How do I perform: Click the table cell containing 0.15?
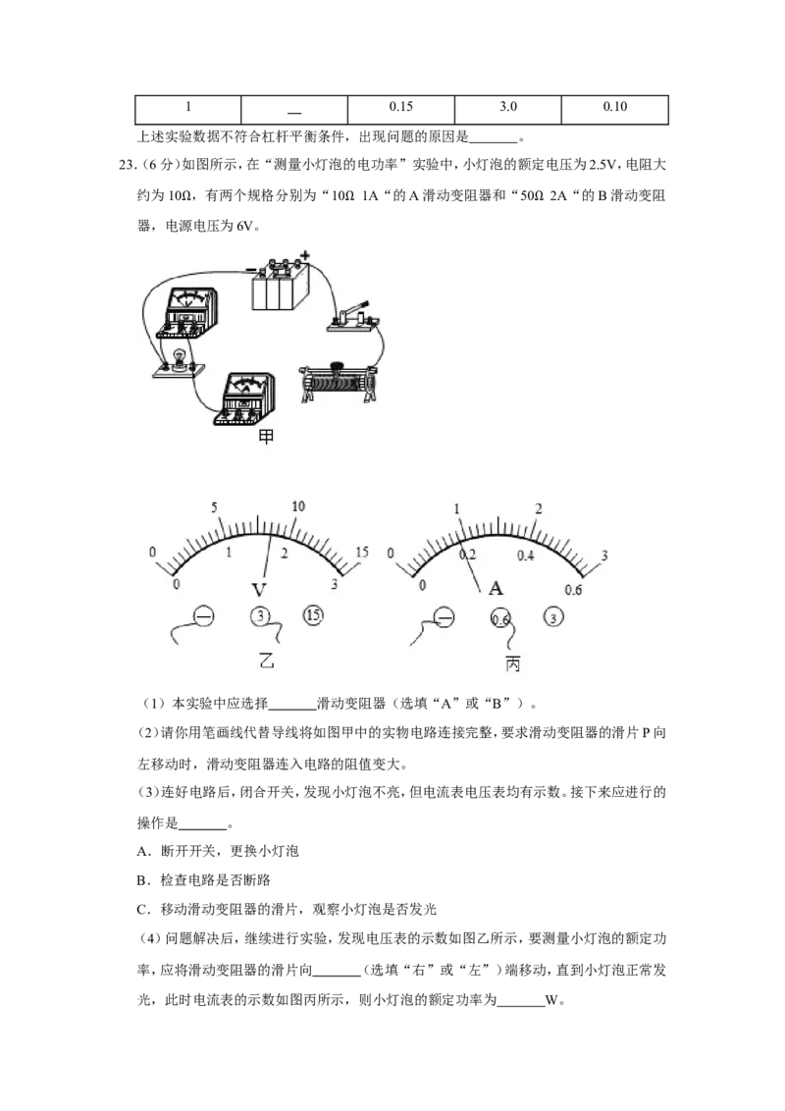pos(401,110)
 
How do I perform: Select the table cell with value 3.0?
pos(508,110)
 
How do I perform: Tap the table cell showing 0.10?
pos(615,110)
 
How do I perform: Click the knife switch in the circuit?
pos(352,317)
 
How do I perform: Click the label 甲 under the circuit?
pos(266,437)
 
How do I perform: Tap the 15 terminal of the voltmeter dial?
pos(312,615)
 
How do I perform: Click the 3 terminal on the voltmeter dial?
pos(261,616)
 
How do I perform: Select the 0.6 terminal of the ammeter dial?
pos(500,619)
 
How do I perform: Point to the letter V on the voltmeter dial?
pos(259,590)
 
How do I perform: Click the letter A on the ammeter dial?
pos(496,588)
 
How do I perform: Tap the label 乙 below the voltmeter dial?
pos(266,661)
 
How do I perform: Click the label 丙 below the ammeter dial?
pos(513,663)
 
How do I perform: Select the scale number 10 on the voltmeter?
pos(298,505)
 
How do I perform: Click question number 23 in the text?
pos(127,165)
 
